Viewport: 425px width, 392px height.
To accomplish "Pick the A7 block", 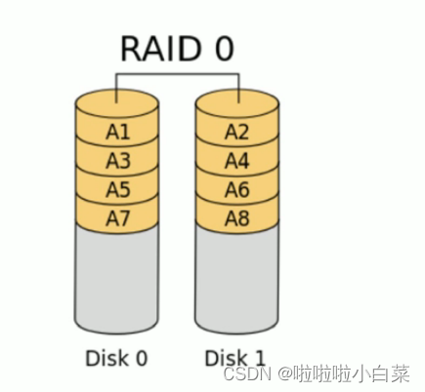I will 117,218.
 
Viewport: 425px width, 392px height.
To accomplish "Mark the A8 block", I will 237,218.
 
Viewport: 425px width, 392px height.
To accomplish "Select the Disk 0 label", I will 117,357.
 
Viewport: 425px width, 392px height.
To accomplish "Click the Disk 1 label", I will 236,357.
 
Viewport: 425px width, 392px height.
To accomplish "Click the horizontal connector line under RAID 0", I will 177,74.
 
